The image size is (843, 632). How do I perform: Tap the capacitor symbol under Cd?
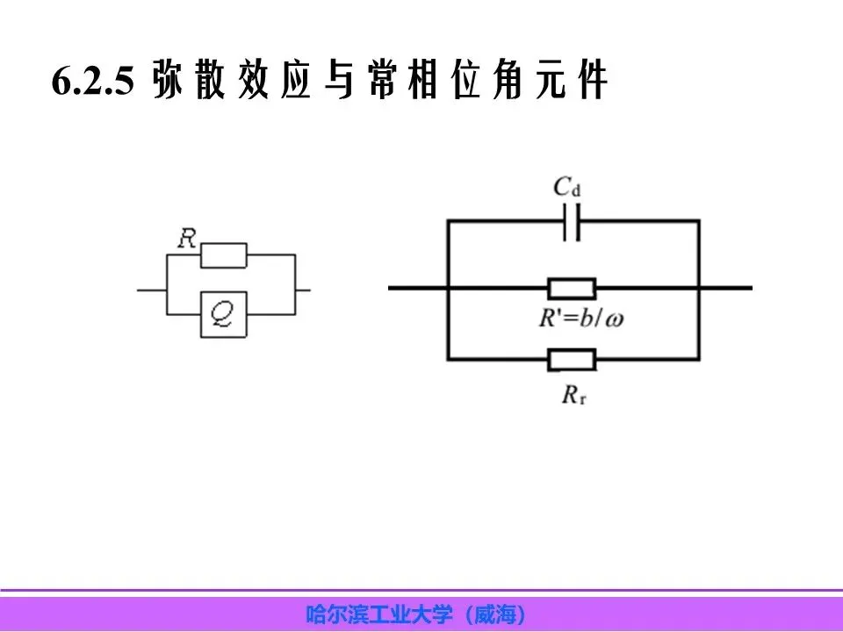click(571, 223)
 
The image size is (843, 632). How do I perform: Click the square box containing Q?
click(223, 313)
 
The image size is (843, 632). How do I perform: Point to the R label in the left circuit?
click(186, 239)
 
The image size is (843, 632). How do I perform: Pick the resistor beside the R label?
click(224, 255)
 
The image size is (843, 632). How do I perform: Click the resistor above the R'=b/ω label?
click(572, 288)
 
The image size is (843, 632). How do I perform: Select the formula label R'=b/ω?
click(582, 317)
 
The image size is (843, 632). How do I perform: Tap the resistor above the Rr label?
click(572, 358)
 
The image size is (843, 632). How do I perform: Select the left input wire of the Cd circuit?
click(417, 288)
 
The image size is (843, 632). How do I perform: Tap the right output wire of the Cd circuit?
click(725, 288)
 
